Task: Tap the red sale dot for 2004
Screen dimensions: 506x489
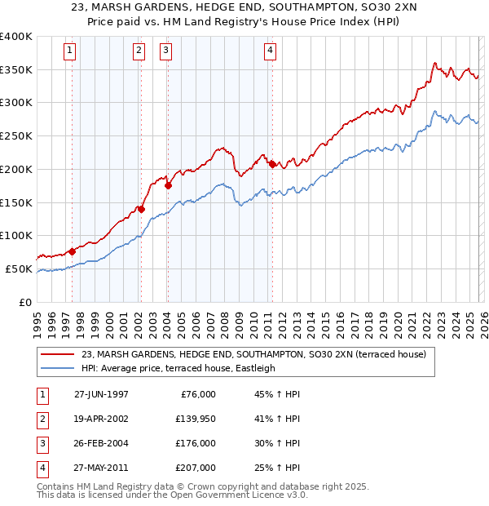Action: coord(169,185)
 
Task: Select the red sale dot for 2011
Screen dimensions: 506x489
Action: coord(272,164)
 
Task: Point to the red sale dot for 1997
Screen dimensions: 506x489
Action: coord(72,251)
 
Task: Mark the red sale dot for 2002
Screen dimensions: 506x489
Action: coord(141,209)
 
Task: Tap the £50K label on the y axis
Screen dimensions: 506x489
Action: coord(19,269)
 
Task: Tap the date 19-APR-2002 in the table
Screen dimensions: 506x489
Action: coord(101,419)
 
